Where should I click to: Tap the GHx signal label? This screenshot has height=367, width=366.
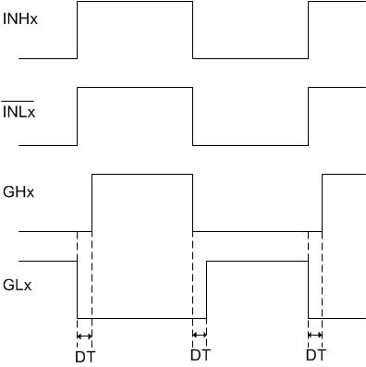pos(18,193)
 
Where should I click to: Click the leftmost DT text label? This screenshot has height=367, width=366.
pos(85,353)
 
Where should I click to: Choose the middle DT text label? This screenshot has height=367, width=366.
pos(200,353)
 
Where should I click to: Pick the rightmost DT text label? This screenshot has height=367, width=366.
pos(315,353)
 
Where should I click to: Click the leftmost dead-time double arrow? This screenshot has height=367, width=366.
pos(84,335)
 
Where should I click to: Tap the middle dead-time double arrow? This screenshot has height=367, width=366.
pos(200,335)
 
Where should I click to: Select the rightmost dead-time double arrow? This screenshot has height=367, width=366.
pos(314,335)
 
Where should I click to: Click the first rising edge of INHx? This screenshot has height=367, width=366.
pos(78,30)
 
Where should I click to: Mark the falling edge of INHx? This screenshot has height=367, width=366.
pos(192,30)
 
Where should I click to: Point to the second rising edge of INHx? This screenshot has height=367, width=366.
pos(308,30)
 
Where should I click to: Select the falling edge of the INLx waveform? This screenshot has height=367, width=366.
pos(192,116)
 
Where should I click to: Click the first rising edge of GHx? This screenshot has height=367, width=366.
pos(91,202)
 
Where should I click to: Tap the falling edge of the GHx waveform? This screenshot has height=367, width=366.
pos(192,202)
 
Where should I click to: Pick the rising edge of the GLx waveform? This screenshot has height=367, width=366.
pos(207,289)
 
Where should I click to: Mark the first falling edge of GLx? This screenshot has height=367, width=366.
pos(78,289)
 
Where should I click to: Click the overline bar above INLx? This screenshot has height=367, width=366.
pos(18,99)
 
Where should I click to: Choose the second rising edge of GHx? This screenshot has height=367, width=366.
pos(322,202)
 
